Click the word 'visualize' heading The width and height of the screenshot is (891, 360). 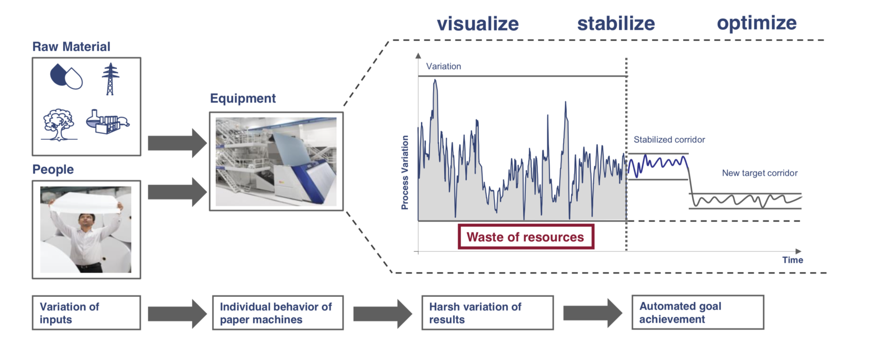tap(478, 24)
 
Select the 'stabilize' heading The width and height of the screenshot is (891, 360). tap(616, 23)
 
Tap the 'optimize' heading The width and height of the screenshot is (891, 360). tap(756, 23)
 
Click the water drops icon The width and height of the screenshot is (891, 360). tap(66, 77)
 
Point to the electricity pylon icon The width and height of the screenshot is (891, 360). tap(110, 79)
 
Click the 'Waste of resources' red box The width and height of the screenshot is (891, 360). tap(525, 237)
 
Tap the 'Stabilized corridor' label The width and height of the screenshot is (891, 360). tap(669, 140)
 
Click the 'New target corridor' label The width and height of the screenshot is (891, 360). tap(759, 173)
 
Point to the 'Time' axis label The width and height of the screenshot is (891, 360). tap(792, 260)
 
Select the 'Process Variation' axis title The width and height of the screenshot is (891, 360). tap(405, 172)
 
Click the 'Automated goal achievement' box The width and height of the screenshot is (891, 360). tap(697, 313)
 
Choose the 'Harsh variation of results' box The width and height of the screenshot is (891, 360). tap(487, 313)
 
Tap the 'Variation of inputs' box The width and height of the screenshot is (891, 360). tap(86, 313)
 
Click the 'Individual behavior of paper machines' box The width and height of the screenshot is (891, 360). tap(278, 313)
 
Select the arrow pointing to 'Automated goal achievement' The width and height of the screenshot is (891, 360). tap(592, 313)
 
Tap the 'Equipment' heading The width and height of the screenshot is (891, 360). tap(243, 98)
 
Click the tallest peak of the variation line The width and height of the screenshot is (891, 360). tap(435, 81)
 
